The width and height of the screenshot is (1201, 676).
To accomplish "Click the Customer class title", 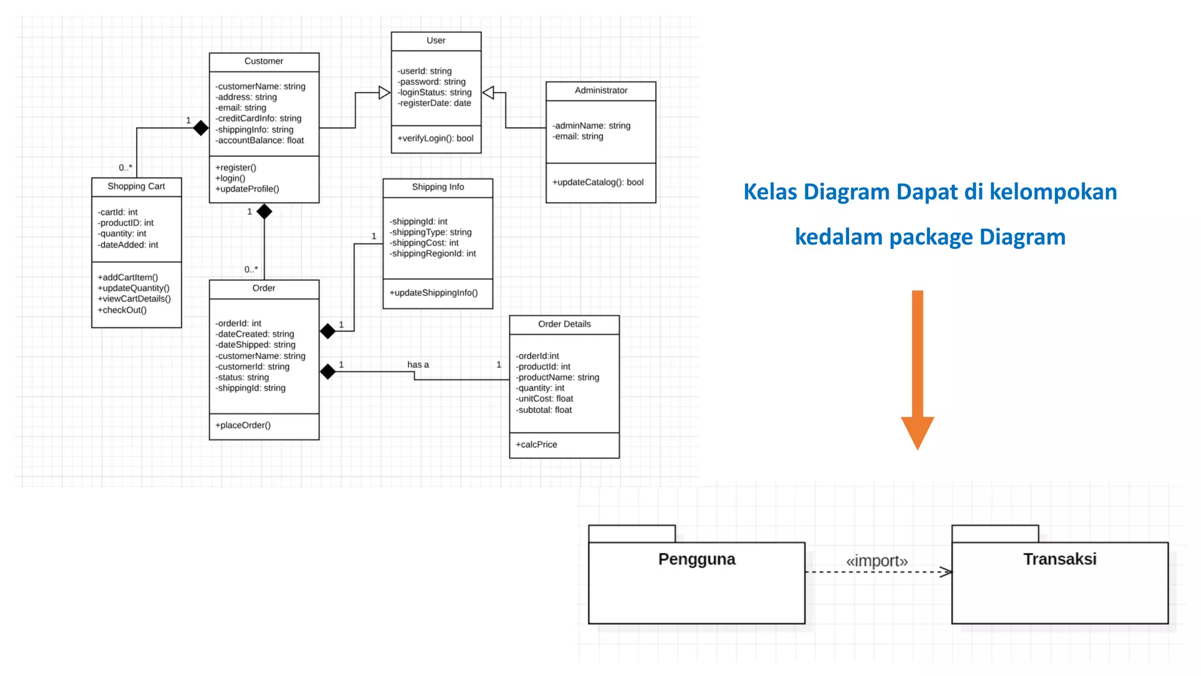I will [x=263, y=61].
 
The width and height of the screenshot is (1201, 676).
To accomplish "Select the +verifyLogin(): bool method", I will [x=435, y=138].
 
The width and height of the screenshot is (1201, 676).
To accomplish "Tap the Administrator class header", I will [x=600, y=90].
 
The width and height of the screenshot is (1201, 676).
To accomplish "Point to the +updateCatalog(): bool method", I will [x=598, y=182].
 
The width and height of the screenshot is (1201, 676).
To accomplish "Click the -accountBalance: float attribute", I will [x=259, y=140].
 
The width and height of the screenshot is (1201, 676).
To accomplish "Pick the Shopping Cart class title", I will [x=136, y=186].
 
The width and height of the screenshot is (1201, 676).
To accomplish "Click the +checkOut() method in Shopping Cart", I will [x=122, y=310].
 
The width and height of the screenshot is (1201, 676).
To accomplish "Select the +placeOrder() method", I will [x=243, y=425].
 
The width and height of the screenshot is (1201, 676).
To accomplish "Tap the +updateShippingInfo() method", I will [x=433, y=292].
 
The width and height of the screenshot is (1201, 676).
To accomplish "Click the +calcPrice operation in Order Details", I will [x=536, y=444].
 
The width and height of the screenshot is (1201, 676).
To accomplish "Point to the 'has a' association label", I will [x=418, y=364].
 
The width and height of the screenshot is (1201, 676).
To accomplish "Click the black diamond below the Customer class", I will [x=264, y=211].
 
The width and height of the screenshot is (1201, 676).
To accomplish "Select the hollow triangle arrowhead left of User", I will [x=384, y=93].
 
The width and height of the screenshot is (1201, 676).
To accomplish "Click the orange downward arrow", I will [x=917, y=370].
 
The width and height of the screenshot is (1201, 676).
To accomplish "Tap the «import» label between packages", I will [x=877, y=561].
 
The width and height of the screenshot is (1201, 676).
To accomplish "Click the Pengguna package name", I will [x=697, y=559].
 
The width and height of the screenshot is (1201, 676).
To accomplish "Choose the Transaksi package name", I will [x=1060, y=559].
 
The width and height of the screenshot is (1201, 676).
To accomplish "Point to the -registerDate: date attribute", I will [x=434, y=103].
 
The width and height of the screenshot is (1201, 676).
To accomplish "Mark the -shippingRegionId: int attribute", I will [x=432, y=253].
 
